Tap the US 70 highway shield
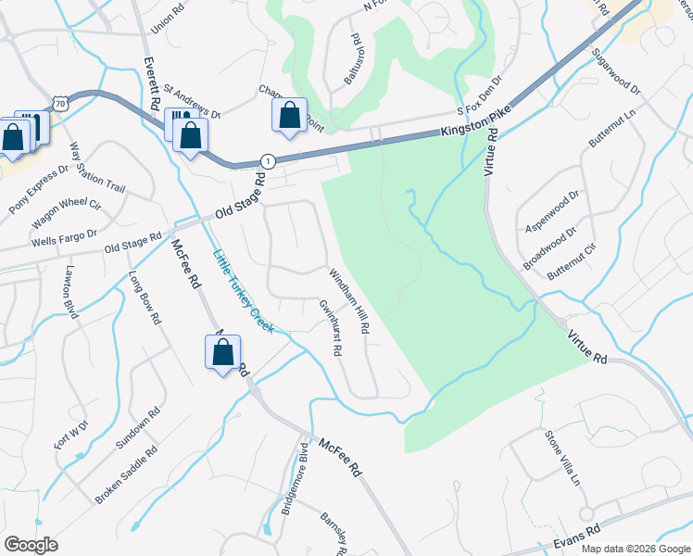click(60, 105)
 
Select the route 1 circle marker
click(267, 160)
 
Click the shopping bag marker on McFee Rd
click(222, 353)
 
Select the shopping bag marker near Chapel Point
click(289, 116)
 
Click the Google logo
click(31, 545)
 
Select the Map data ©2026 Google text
click(636, 549)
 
